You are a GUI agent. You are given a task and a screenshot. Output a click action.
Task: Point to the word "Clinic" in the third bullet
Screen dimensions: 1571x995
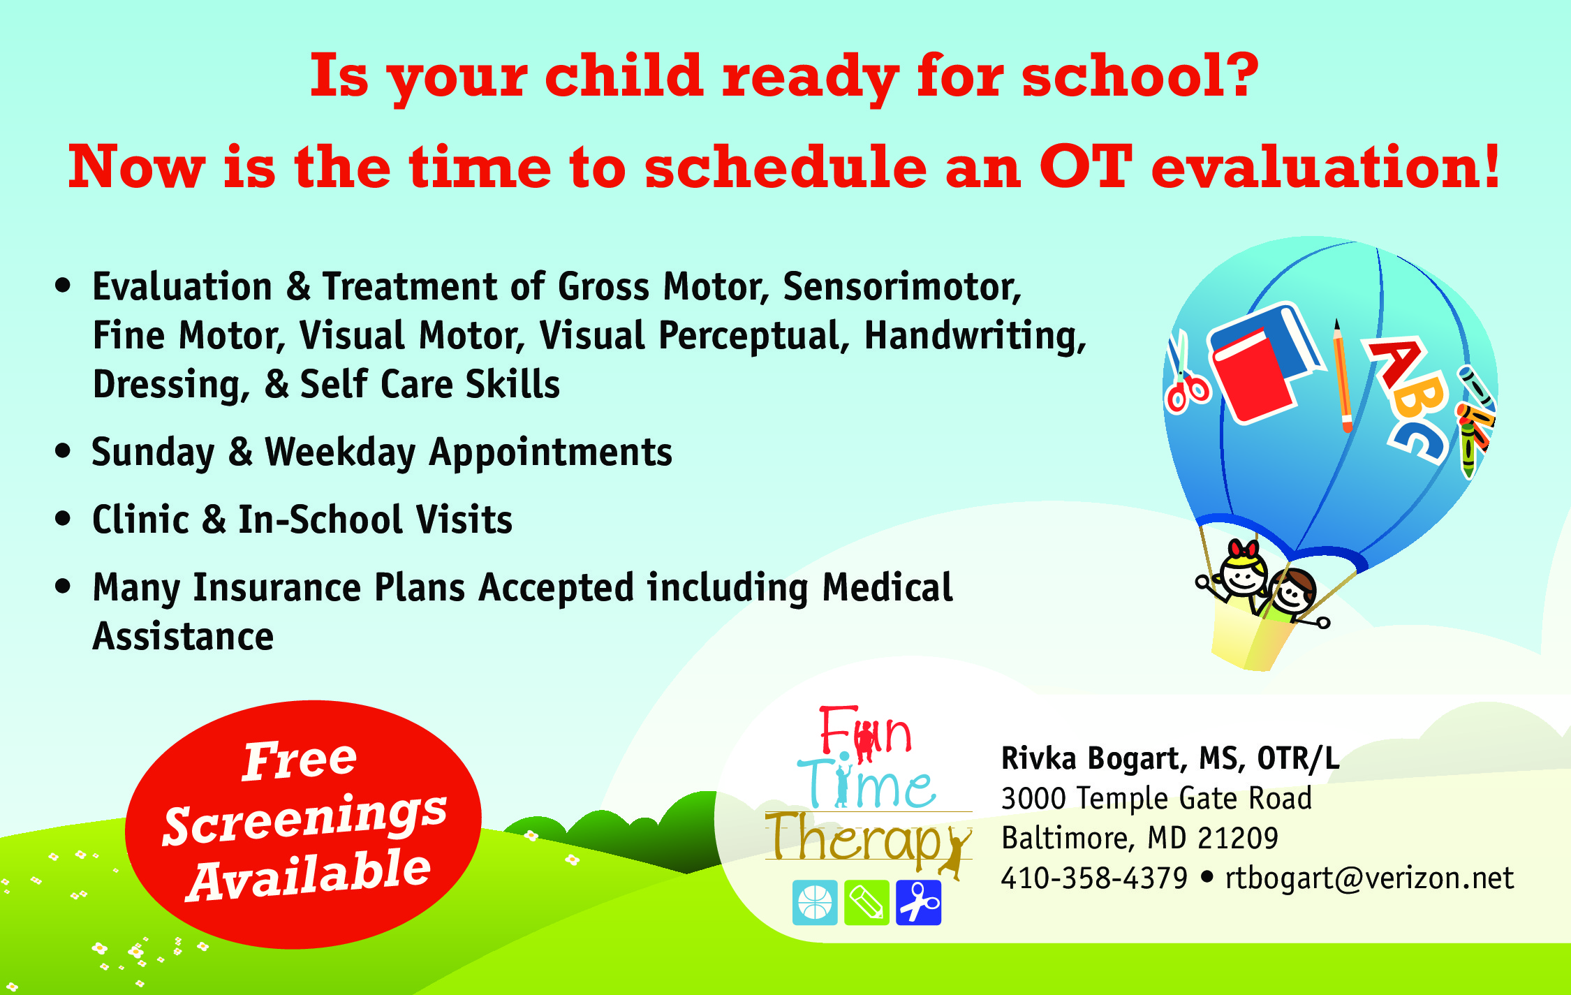(x=141, y=519)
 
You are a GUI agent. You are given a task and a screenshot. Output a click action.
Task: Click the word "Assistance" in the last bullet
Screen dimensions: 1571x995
(x=183, y=636)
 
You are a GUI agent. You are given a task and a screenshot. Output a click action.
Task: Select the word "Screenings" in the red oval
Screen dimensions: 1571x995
(x=304, y=818)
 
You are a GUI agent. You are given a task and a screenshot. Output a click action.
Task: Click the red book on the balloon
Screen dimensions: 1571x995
(x=1254, y=376)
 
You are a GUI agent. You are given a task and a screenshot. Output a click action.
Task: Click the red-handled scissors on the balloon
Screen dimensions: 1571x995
(x=1185, y=374)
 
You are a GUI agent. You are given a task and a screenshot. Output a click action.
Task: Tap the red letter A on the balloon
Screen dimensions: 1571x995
(x=1396, y=362)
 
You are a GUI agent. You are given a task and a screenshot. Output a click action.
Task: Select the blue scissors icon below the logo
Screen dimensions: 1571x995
(x=918, y=903)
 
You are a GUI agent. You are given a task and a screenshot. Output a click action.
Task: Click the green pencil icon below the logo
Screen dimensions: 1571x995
(x=866, y=903)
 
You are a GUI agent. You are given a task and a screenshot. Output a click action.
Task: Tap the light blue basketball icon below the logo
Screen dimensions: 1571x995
(x=815, y=903)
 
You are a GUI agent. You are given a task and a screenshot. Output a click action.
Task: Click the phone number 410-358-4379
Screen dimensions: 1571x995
(x=1094, y=878)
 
